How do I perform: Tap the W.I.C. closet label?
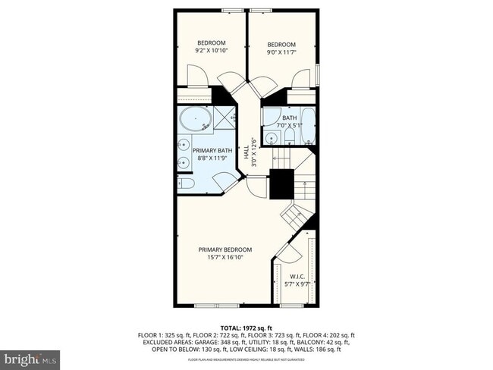pos(297,277)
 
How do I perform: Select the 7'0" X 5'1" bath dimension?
pos(291,126)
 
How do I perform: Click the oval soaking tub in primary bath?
pos(196,121)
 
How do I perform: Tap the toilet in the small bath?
pos(289,136)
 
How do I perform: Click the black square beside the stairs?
pos(281,183)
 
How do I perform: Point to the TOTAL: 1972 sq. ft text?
pos(246,327)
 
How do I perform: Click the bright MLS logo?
pos(30,357)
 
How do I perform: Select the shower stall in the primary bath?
pos(224,118)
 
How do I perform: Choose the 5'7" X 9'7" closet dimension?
pos(297,284)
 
